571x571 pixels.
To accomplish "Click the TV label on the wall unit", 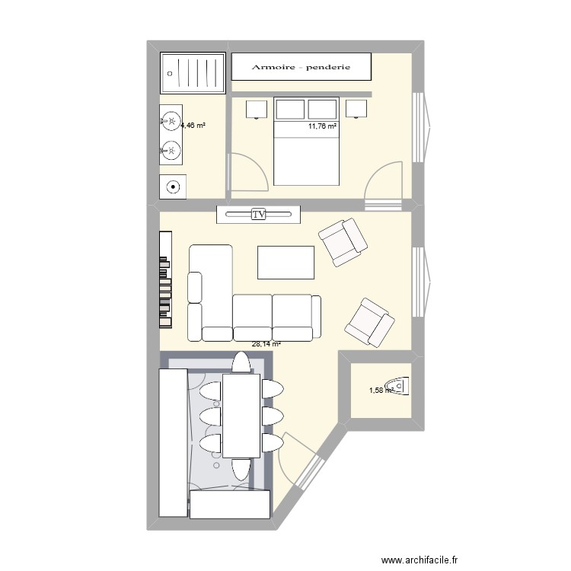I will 259,215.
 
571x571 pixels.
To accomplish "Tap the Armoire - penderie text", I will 301,67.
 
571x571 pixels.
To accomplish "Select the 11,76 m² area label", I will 322,126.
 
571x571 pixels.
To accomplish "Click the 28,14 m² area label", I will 266,344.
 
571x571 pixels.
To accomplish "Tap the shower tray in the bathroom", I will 193,72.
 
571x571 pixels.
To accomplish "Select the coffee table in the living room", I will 286,263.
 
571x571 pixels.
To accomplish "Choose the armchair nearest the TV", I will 343,241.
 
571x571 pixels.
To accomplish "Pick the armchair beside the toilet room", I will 370,320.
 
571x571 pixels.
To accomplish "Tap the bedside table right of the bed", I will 356,108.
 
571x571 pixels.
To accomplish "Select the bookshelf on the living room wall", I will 164,279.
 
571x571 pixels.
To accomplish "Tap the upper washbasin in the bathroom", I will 172,120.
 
